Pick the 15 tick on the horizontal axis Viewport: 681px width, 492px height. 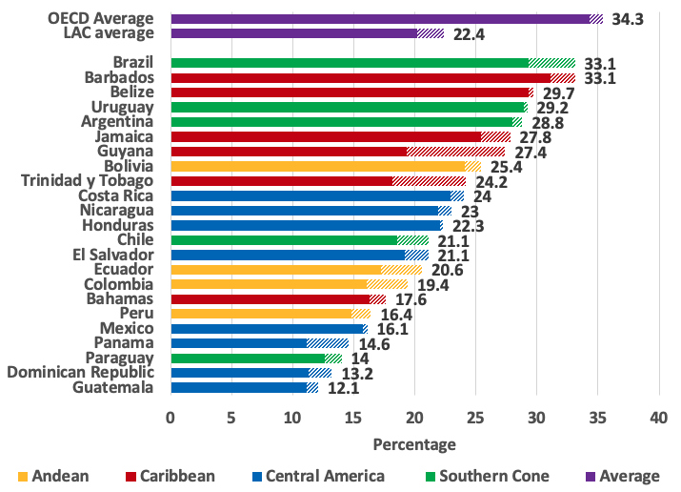(x=352, y=417)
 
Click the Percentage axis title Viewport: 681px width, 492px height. (x=414, y=444)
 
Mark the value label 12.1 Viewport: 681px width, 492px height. (x=343, y=387)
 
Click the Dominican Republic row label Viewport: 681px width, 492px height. (x=80, y=372)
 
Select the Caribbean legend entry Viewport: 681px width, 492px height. (x=168, y=475)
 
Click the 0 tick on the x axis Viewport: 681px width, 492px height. (x=170, y=417)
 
